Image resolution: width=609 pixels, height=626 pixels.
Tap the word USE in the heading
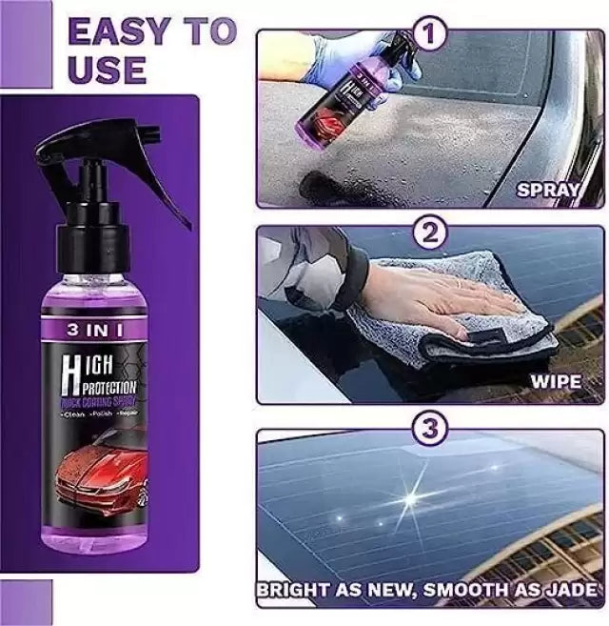tap(107, 69)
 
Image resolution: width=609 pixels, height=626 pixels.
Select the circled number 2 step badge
tap(431, 232)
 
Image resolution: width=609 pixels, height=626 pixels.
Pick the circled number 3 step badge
tap(431, 429)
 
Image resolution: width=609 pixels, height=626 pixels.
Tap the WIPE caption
tap(555, 382)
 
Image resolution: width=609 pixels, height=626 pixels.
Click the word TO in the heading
tap(211, 31)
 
